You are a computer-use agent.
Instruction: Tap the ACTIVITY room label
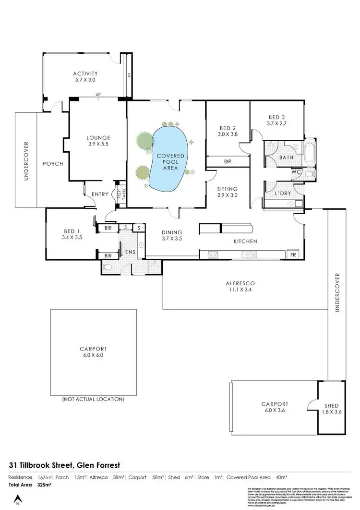pos(85,77)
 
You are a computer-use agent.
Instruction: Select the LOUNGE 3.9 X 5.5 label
pos(99,141)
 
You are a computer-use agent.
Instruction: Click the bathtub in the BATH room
pos(310,154)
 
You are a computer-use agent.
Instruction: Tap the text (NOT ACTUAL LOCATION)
pos(93,399)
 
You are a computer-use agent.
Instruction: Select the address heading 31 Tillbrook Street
pos(64,465)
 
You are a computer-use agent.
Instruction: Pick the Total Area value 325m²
pos(44,485)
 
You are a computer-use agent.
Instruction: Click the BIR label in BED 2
pos(227,162)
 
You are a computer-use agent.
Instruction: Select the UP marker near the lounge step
pos(98,94)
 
